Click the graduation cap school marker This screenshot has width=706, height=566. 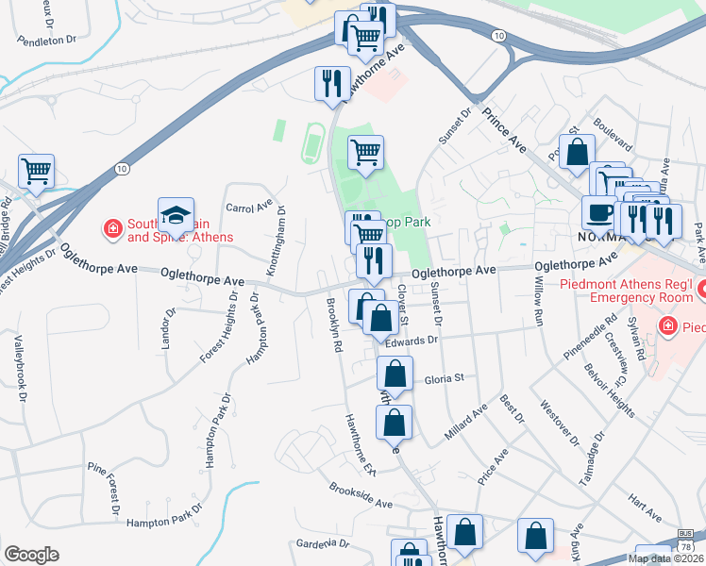coord(176,216)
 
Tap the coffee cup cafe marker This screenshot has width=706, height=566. coord(598,213)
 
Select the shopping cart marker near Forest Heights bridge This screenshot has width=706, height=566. coord(37,173)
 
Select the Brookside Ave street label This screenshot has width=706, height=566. coord(361,496)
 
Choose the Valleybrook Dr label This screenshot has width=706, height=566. coord(18,368)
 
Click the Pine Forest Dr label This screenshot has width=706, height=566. coord(110,487)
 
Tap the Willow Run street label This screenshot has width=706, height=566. coord(540,295)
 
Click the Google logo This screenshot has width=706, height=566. coord(31,554)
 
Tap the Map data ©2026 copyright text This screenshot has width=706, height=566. coord(664,558)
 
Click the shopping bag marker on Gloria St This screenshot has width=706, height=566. coord(395,375)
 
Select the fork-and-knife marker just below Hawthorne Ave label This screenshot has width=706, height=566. coord(331,83)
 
